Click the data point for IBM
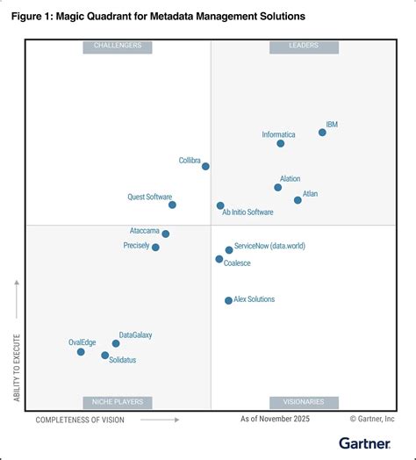tap(322, 133)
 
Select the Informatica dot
tap(280, 143)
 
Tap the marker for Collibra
tap(205, 166)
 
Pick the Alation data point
tap(278, 187)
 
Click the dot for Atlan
tap(298, 200)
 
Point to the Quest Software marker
tap(172, 205)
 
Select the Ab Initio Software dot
tap(220, 205)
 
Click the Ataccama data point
tap(165, 234)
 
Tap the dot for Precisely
tap(155, 248)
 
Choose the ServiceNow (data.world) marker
tap(229, 249)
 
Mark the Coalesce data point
tap(219, 259)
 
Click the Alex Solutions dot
tap(228, 300)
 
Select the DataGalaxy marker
tap(116, 343)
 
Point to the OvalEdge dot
tap(81, 351)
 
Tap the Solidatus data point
tap(105, 356)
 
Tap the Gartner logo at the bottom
tap(366, 443)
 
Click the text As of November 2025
tap(276, 420)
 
